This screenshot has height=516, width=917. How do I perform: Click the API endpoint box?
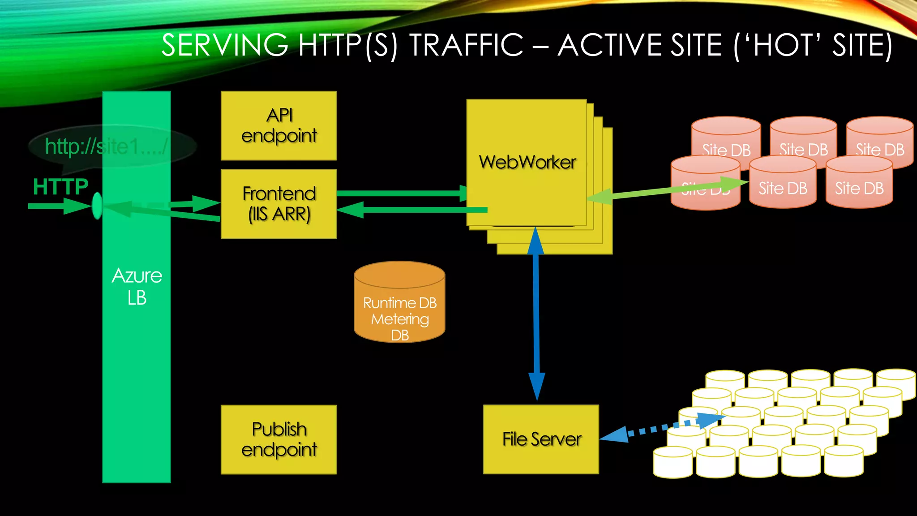click(x=279, y=125)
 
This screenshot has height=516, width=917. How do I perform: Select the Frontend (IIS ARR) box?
click(x=279, y=204)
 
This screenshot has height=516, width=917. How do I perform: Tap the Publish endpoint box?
click(x=279, y=439)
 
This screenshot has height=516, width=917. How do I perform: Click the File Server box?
click(x=541, y=439)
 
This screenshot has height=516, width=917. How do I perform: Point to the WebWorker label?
click(x=527, y=162)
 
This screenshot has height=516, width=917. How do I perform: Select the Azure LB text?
click(x=137, y=287)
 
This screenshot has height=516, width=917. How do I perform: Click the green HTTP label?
click(x=60, y=186)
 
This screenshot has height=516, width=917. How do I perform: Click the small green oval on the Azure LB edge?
click(x=97, y=206)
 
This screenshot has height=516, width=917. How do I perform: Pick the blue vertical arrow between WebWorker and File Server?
click(x=536, y=314)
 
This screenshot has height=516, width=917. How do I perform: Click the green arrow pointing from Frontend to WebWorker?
click(x=399, y=193)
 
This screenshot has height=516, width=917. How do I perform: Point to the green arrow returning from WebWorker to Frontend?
click(x=412, y=210)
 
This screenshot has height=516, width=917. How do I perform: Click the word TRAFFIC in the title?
click(x=466, y=45)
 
